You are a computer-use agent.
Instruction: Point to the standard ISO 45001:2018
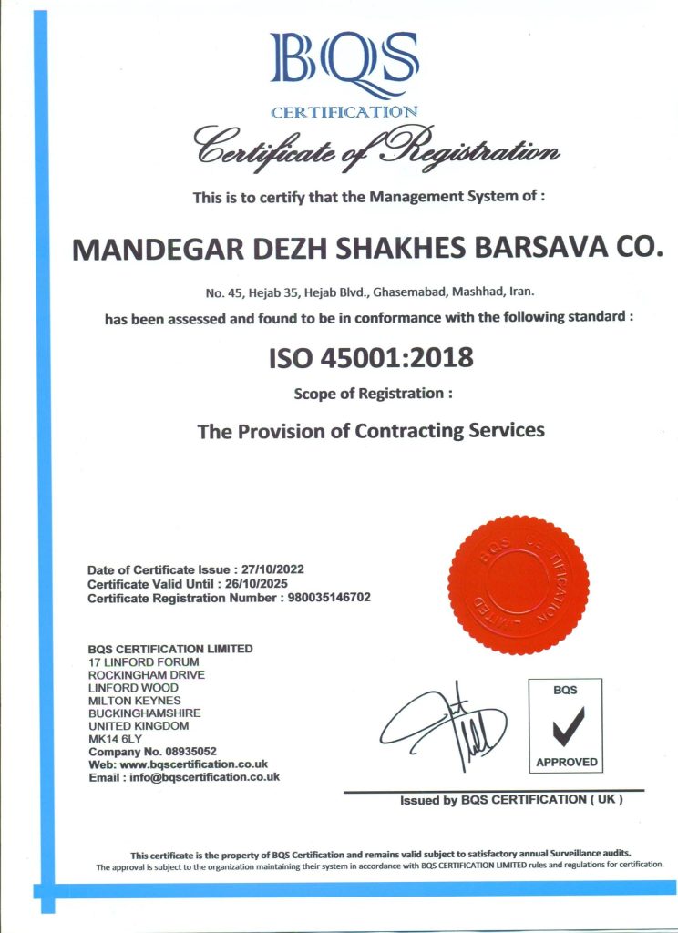tap(371, 358)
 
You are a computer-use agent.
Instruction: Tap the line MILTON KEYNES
tap(134, 701)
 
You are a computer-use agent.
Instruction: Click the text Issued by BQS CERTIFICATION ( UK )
tap(511, 800)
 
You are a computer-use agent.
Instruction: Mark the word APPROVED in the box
tap(566, 762)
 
